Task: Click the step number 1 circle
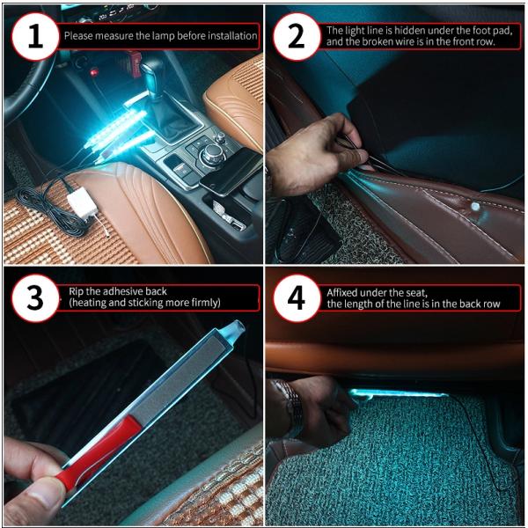(35, 36)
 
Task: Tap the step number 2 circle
(297, 36)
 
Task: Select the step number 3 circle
(35, 298)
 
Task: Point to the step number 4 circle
(297, 298)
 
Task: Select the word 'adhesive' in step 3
(128, 291)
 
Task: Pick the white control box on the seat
(82, 203)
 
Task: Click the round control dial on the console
(213, 154)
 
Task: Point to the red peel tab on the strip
(99, 452)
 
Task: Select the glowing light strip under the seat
(398, 394)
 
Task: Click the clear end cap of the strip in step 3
(237, 327)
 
